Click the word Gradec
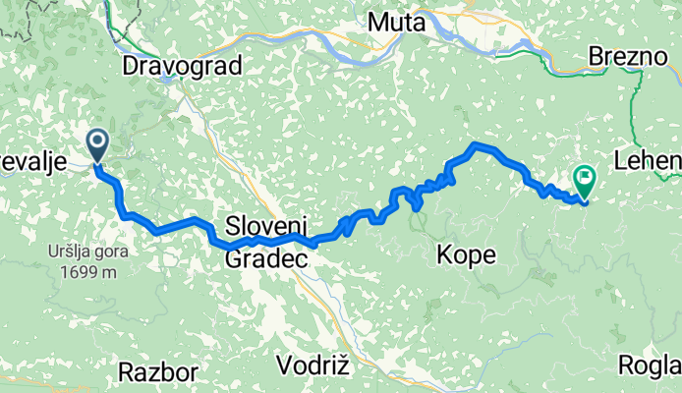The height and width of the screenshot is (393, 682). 267,258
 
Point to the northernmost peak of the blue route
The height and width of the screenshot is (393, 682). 479,145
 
